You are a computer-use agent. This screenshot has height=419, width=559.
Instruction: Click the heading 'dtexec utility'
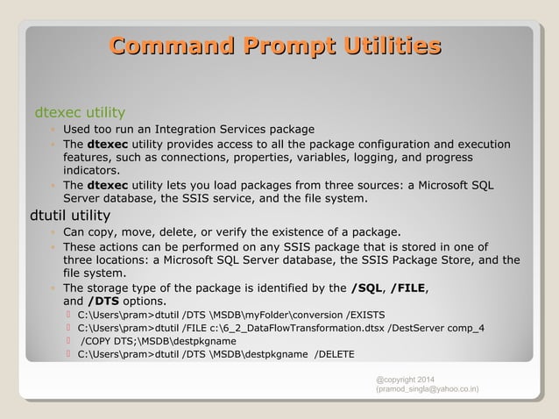tap(79, 112)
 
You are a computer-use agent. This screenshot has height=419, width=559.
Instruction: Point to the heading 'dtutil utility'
tap(70, 215)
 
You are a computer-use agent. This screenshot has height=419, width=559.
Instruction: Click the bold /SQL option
tap(366, 288)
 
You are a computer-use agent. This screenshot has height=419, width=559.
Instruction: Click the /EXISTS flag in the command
tap(371, 315)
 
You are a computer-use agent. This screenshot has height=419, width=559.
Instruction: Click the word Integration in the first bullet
tap(180, 131)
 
